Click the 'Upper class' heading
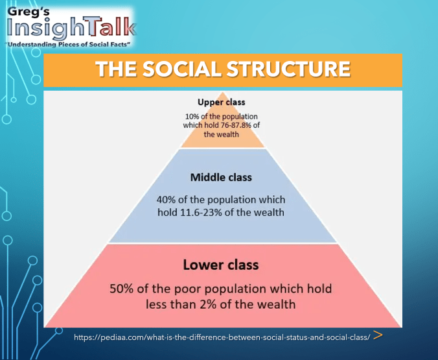(222, 102)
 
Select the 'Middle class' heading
(221, 177)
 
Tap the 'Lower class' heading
(221, 265)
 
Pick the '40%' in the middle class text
(168, 199)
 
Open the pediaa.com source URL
(222, 337)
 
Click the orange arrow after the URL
(378, 336)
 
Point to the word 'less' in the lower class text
(156, 304)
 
